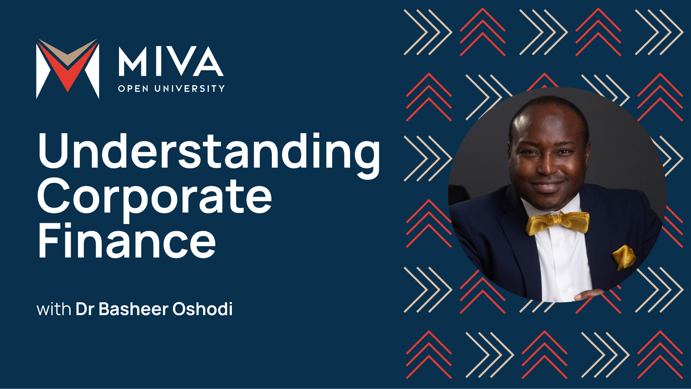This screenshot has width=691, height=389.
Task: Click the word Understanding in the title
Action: (209, 152)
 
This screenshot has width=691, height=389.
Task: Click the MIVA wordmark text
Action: (171, 61)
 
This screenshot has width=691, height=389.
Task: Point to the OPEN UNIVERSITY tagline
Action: (171, 89)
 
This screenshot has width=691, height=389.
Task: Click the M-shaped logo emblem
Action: (68, 68)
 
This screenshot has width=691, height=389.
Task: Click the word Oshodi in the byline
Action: (202, 309)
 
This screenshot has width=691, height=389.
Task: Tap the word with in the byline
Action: (54, 310)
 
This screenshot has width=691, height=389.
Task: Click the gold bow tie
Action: (557, 223)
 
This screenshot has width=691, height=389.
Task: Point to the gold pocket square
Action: (623, 257)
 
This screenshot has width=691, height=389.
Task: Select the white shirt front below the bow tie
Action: (560, 265)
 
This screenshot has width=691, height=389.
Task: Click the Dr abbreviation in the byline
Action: (85, 309)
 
